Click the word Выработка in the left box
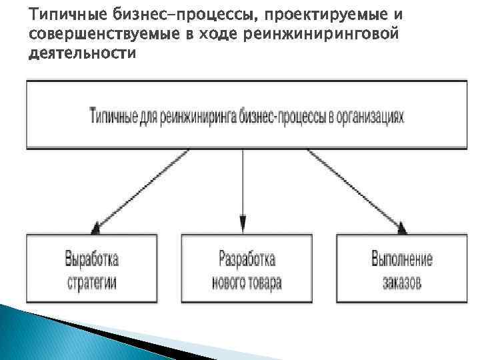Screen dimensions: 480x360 coord(92,259)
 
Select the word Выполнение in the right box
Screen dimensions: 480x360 coord(401,259)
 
